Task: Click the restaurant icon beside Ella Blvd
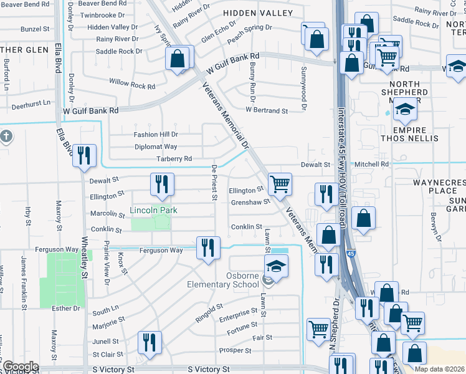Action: coord(83,156)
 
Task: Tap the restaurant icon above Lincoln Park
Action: coord(161,185)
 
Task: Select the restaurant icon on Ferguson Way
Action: coord(206,247)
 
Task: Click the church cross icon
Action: coord(6,137)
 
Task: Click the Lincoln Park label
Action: coord(153,211)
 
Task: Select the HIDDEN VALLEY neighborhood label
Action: coord(259,13)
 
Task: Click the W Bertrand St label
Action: coord(267,110)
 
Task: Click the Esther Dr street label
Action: coord(69,308)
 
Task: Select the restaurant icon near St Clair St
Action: coord(150,343)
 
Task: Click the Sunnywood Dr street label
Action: coord(304,89)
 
